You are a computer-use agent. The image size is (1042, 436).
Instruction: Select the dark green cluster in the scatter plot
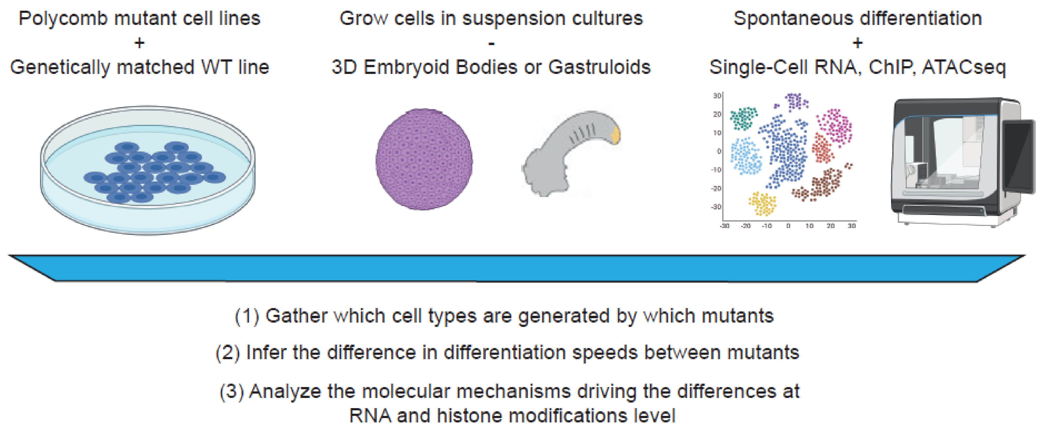(x=744, y=118)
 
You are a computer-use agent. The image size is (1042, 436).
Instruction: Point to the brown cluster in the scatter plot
(x=825, y=184)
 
